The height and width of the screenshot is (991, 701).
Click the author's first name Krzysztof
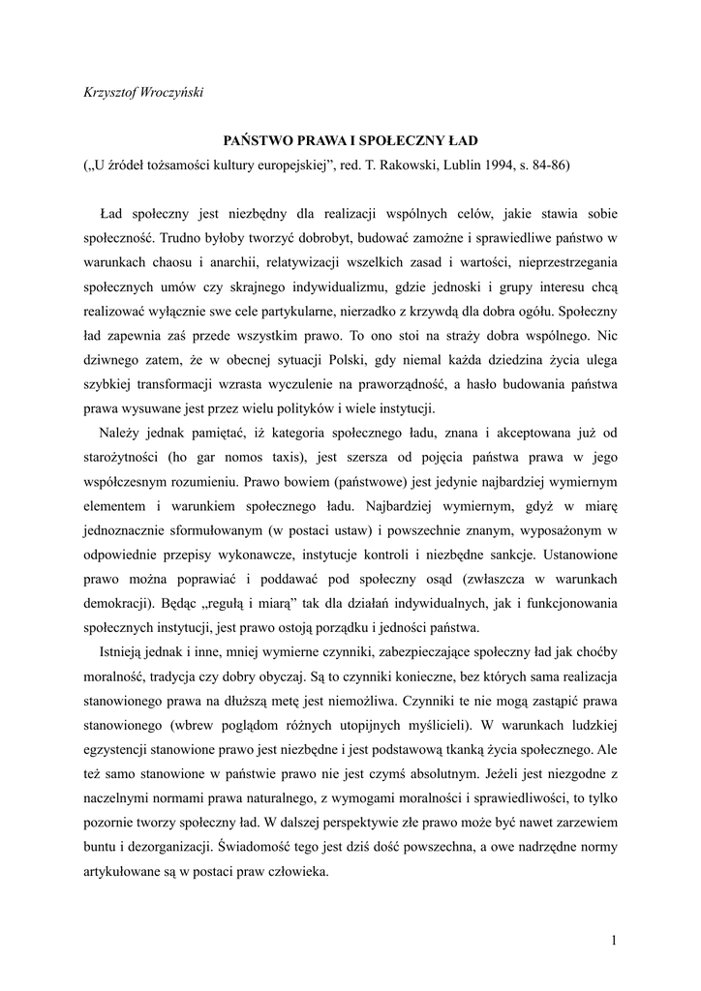[x=109, y=92]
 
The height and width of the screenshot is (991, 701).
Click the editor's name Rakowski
[x=418, y=165]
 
